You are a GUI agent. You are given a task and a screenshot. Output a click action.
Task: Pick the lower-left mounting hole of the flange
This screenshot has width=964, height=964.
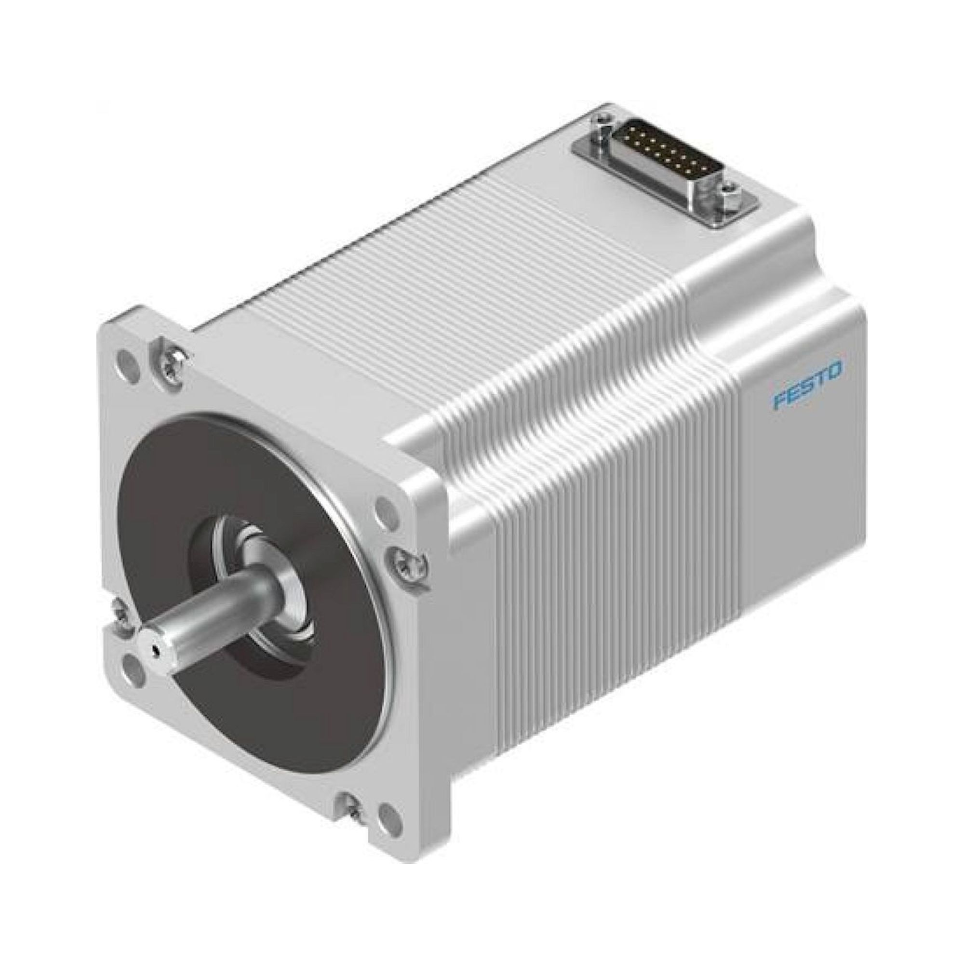(x=132, y=664)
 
